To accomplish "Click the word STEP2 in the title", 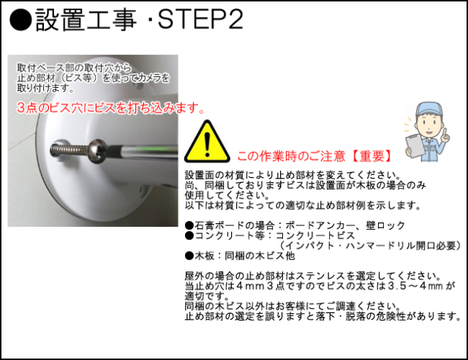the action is pos(200,19).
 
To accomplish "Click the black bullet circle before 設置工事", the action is pos(20,20).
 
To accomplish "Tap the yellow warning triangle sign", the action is pos(207,142).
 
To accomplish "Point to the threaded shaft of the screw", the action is pos(69,149).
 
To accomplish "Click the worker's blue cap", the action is pos(429,109).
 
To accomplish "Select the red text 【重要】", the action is pos(372,156).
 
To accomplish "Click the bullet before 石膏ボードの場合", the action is pos(189,225).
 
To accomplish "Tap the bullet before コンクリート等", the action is pos(189,236).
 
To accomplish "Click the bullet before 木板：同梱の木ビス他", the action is pos(189,256).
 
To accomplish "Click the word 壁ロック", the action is pos(385,225).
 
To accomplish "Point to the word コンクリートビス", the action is pos(315,236).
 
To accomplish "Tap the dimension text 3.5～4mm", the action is pos(415,286).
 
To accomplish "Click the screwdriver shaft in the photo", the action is pos(141,151).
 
